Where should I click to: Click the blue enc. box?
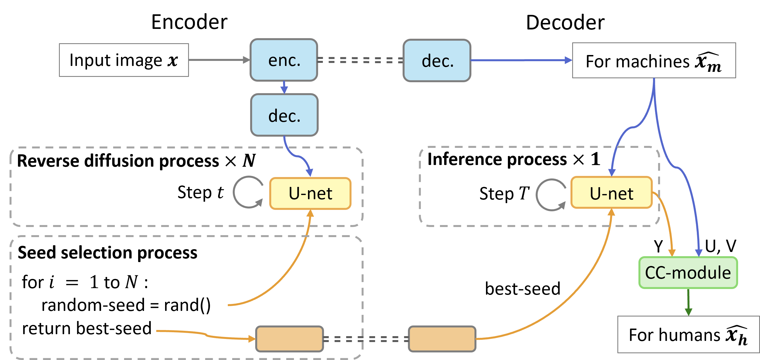(284, 60)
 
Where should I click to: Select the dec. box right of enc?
(437, 60)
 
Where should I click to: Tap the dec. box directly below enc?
(284, 115)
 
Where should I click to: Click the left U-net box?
(310, 193)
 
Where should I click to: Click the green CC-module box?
(688, 272)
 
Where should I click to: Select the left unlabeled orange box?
(289, 339)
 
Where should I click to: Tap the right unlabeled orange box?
(442, 339)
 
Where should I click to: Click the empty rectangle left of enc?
(124, 60)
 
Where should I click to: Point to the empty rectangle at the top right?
(654, 60)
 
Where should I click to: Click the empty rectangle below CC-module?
(688, 334)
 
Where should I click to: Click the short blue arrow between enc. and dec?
(284, 87)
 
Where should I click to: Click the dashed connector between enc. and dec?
(360, 60)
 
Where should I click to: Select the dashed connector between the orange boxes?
(366, 339)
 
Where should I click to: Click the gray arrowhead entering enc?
(246, 60)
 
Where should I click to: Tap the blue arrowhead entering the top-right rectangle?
(568, 60)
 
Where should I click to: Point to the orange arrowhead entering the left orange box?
(252, 339)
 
